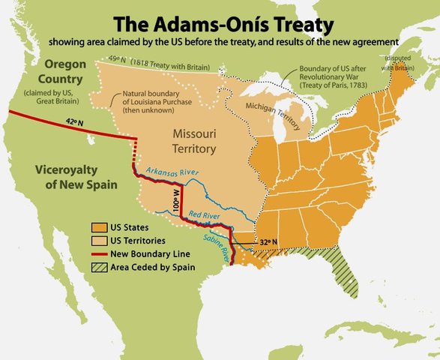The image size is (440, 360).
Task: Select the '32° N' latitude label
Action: (x=268, y=242)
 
